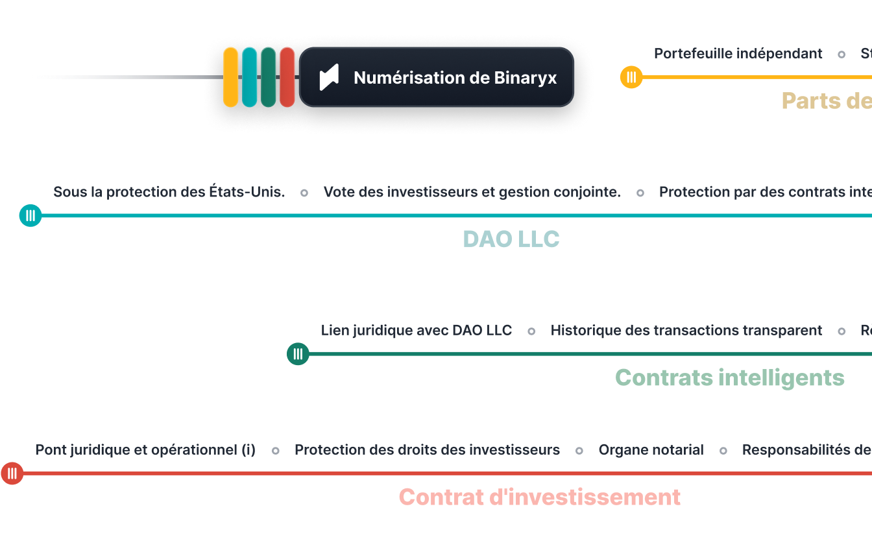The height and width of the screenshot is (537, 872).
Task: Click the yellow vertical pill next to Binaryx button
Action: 230,77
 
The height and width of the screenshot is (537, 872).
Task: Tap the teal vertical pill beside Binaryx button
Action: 249,77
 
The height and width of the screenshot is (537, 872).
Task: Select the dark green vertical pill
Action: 268,77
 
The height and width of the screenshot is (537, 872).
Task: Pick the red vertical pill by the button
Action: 287,77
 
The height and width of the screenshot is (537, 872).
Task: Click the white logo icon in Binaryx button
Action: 330,78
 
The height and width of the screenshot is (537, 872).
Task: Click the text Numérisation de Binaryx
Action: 455,78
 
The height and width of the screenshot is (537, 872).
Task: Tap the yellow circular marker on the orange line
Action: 631,77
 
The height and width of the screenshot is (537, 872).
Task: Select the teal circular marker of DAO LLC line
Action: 30,215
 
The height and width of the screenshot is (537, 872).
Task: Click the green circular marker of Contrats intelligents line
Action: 298,353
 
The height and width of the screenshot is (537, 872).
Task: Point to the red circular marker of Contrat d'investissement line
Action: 12,473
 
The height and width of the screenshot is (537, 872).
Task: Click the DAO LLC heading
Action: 511,239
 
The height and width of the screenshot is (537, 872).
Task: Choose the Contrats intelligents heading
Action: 729,377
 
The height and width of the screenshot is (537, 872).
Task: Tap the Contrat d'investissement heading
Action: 540,497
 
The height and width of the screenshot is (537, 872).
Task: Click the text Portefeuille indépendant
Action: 738,54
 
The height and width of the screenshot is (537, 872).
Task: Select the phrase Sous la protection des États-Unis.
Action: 169,192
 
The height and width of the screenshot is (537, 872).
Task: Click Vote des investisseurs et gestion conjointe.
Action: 472,192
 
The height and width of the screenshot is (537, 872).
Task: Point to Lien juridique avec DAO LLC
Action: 417,330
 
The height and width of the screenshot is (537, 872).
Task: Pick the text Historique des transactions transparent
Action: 686,330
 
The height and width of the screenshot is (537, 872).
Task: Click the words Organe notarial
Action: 651,449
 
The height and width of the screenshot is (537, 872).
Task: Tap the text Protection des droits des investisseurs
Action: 427,449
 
